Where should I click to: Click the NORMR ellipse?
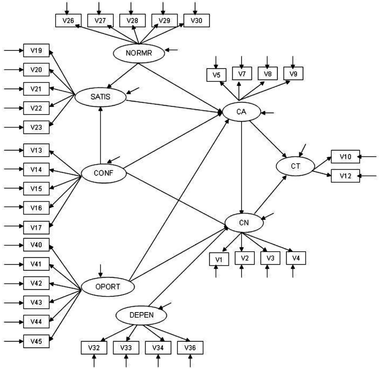coord(139,53)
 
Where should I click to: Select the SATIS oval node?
coord(101,97)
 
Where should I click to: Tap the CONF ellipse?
coord(104,173)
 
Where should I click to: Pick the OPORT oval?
coord(108,287)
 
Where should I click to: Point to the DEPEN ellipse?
coord(142,315)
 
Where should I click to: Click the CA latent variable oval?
coord(241,112)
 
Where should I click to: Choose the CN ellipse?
coord(244,223)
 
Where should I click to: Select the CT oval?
coord(295,166)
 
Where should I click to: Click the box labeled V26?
coord(68,21)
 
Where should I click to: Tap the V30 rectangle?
coord(196,21)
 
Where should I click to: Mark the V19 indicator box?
coord(36,50)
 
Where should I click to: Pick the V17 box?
coord(36,228)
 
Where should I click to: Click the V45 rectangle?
coord(36,341)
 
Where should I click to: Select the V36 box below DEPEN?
coord(190,348)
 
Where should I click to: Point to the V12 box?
coord(345,176)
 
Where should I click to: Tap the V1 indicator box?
coord(219,259)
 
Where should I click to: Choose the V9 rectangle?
coord(293,74)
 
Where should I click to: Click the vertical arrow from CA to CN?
coord(241,167)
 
